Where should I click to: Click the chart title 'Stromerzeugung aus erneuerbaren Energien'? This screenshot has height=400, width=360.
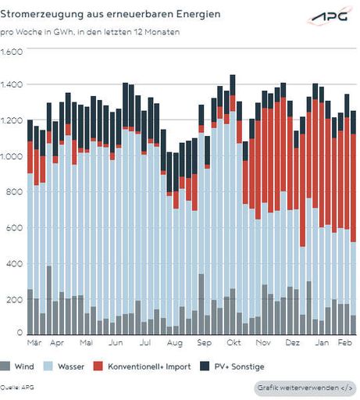[x=110, y=15]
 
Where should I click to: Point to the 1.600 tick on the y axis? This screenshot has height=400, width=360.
[x=12, y=52]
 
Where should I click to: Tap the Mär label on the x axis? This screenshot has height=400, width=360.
[x=34, y=342]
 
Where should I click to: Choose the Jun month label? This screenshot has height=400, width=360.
[x=116, y=342]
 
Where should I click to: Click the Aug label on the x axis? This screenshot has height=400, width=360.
[x=175, y=342]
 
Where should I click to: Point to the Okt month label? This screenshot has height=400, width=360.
[x=233, y=342]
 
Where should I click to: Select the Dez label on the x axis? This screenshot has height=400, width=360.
[x=292, y=342]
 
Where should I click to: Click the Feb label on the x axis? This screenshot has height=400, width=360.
[x=344, y=342]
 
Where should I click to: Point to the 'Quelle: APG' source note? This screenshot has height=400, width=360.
[x=17, y=387]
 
